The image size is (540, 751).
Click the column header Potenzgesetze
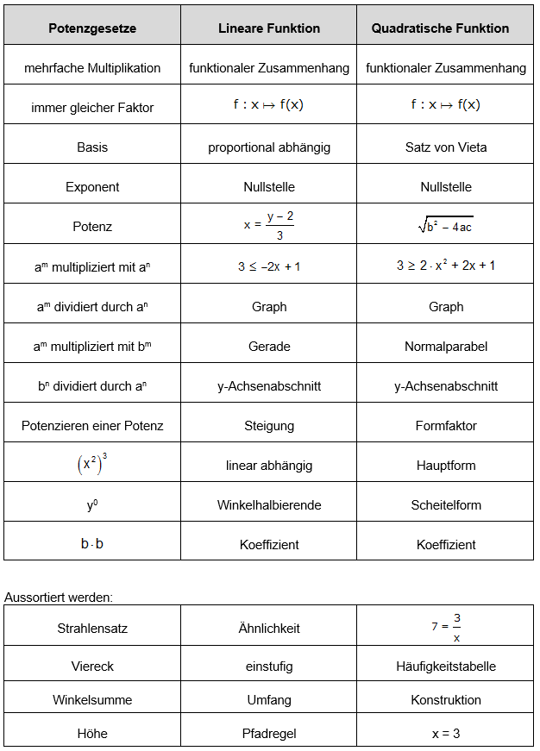tap(92, 28)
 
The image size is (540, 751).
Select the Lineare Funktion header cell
tap(269, 28)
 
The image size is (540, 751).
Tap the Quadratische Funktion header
tap(446, 28)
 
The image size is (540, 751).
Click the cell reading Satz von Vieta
tap(446, 147)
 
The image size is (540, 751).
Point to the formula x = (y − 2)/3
tap(269, 226)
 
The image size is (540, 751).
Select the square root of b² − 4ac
tap(446, 227)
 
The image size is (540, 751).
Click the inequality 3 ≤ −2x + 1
tap(269, 266)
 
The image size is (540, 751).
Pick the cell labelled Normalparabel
tap(446, 347)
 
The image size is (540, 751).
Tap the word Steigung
tap(269, 426)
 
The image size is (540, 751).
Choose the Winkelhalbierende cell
tap(269, 505)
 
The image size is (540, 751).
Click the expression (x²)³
tap(92, 464)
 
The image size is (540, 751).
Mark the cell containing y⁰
tap(92, 505)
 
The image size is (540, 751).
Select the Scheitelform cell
tap(446, 505)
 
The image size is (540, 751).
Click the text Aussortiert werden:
tap(59, 597)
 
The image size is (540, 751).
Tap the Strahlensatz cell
tap(92, 629)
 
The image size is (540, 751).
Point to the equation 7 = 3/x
tap(446, 627)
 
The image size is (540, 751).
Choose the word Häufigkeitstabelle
tap(446, 667)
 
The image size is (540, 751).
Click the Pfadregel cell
tap(269, 734)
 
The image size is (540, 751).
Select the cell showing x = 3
tap(446, 734)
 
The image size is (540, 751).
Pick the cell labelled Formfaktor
tap(446, 426)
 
